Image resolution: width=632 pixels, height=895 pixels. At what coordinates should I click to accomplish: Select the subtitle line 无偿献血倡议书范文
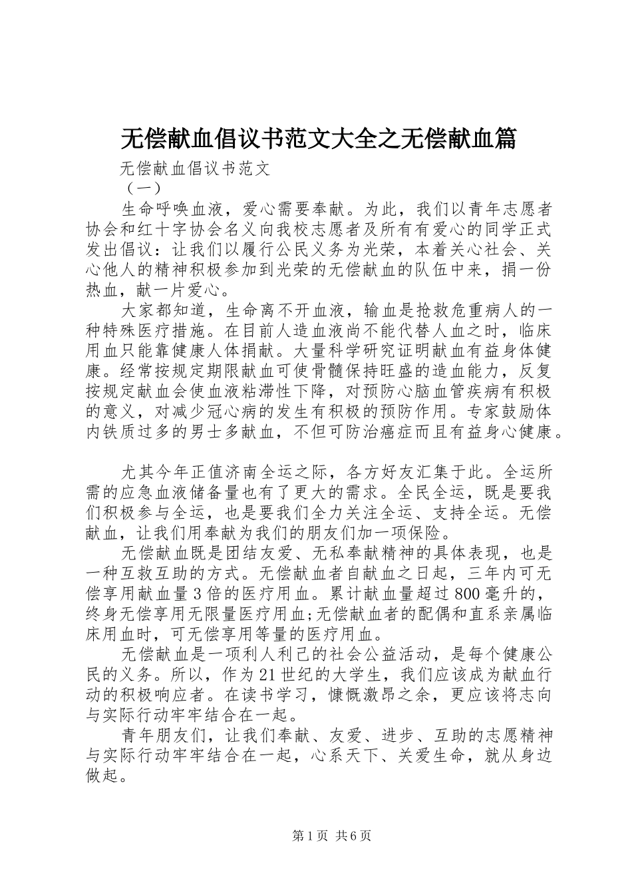pyautogui.click(x=195, y=168)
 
